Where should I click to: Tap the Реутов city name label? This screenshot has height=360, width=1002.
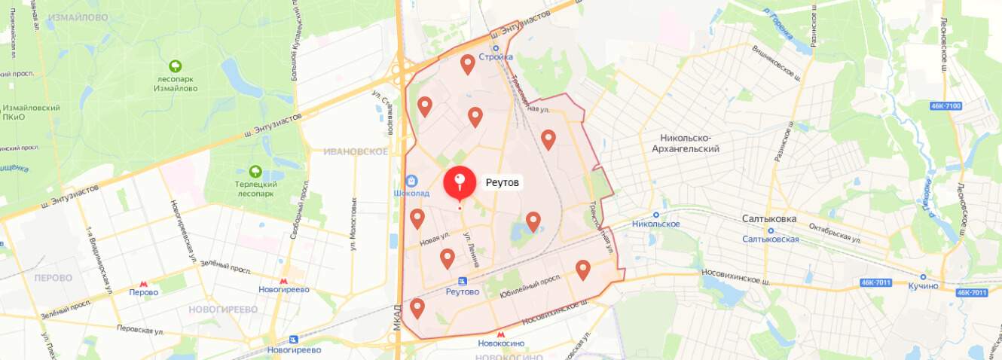(503, 183)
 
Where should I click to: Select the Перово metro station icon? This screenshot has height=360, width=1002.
(143, 282)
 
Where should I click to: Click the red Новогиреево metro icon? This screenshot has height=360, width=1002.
(283, 282)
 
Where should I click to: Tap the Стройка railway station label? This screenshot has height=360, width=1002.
(496, 56)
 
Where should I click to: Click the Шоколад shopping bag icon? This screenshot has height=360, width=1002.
(411, 181)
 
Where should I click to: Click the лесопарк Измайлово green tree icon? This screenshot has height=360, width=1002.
(176, 66)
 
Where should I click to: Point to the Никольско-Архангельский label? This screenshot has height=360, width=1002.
(689, 143)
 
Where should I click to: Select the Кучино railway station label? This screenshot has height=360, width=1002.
(923, 286)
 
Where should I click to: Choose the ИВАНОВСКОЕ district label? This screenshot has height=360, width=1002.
(355, 151)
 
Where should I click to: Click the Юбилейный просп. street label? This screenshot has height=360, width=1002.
(530, 294)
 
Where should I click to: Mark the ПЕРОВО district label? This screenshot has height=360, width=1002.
(53, 278)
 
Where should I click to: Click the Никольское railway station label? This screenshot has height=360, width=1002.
(656, 224)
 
